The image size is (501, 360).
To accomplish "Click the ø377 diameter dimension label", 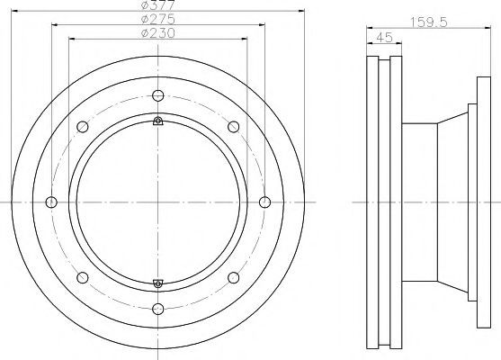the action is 158,4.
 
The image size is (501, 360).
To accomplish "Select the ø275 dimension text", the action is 158,19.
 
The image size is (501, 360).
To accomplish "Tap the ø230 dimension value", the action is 158,33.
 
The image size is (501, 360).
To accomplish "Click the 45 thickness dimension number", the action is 384,38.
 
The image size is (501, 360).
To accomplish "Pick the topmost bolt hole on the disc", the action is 158,95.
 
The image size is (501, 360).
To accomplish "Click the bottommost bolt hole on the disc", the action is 158,309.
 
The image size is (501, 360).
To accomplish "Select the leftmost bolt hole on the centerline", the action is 51,202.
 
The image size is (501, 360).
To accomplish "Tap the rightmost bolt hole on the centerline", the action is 264,202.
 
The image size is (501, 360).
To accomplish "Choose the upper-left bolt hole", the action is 83,127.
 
